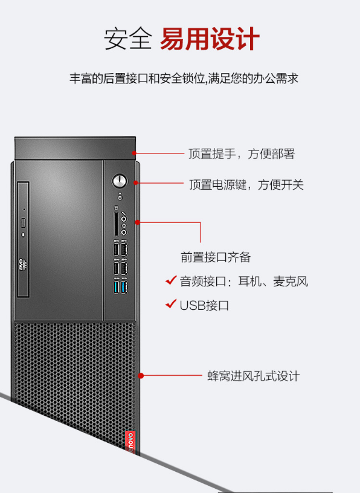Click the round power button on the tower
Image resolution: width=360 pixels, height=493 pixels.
[x=119, y=181]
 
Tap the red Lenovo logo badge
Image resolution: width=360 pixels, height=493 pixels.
[x=130, y=442]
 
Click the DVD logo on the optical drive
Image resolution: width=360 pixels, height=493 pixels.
[x=23, y=264]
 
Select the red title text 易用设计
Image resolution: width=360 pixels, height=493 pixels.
[x=210, y=39]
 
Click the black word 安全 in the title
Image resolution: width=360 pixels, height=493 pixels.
[x=128, y=39]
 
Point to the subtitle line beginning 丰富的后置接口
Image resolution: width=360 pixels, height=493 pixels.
[x=184, y=79]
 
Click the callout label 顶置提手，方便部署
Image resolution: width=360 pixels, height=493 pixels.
[x=242, y=153]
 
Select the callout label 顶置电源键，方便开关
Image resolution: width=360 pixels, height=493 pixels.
[x=246, y=184]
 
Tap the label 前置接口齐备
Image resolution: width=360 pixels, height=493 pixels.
[x=216, y=257]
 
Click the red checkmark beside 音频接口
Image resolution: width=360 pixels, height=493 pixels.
[x=171, y=280]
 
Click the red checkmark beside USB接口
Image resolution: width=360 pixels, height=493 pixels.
[x=171, y=304]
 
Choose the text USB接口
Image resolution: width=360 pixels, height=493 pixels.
[x=204, y=306]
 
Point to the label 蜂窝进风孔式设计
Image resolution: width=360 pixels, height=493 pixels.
[x=254, y=376]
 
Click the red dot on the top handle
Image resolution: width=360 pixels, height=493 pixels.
[x=134, y=153]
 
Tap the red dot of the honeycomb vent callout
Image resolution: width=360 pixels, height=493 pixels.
[x=141, y=375]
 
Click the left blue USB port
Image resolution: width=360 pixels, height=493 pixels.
[x=117, y=287]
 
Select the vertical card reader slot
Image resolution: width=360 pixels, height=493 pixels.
[x=116, y=224]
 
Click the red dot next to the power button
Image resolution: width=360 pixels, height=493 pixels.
[x=136, y=182]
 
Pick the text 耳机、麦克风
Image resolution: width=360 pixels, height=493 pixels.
[x=273, y=281]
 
